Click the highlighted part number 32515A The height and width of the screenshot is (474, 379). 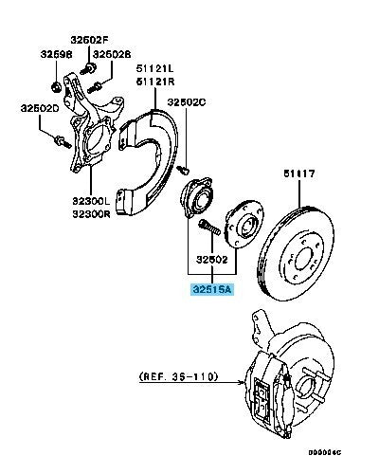pos(212,289)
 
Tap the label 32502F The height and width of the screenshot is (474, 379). pos(89,40)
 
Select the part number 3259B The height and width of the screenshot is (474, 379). pos(56,54)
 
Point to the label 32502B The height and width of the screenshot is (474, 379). pos(112,54)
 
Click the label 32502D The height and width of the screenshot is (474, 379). pos(40,108)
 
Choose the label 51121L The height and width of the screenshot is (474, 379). pos(155,68)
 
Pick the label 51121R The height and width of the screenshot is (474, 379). pos(155,82)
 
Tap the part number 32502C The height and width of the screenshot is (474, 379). pos(187,102)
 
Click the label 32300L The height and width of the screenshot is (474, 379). pos(91,201)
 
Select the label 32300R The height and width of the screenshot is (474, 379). pos(91,214)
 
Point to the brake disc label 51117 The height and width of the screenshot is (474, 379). pos(299,173)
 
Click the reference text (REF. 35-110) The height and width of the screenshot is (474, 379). pos(178,376)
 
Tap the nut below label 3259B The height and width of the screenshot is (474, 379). pos(56,86)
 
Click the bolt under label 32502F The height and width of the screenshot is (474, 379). pos(88,68)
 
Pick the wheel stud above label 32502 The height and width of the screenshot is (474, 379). pos(209,228)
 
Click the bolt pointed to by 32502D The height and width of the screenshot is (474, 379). pos(63,141)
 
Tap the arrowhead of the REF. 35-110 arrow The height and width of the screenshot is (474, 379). pos(243,383)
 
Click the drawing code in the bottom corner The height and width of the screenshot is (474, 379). pos(325,452)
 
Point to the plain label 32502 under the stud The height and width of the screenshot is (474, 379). pos(211,260)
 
